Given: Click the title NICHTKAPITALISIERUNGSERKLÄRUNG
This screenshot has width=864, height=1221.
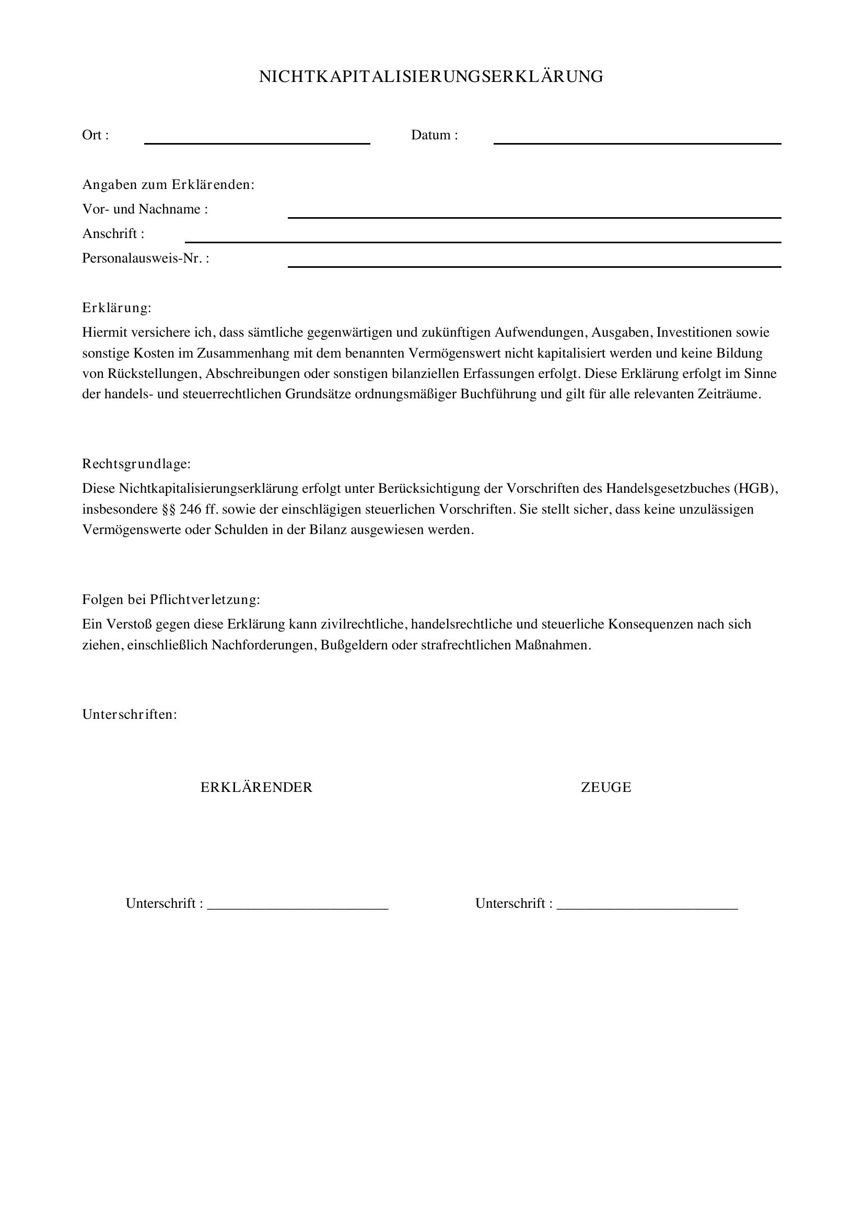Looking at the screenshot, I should tap(431, 77).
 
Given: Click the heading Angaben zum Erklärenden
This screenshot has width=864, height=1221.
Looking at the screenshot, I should tap(168, 184).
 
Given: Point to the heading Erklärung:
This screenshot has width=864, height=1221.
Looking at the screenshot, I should tap(116, 308).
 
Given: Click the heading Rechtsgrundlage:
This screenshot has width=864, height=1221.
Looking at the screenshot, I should tap(136, 464).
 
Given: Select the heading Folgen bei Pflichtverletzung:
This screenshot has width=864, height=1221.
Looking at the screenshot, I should tap(171, 599).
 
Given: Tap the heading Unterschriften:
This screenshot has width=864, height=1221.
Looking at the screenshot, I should tap(129, 714).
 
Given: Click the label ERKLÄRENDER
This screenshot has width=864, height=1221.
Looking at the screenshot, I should tap(256, 788).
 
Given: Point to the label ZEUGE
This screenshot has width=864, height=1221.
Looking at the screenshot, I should tap(606, 788).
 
